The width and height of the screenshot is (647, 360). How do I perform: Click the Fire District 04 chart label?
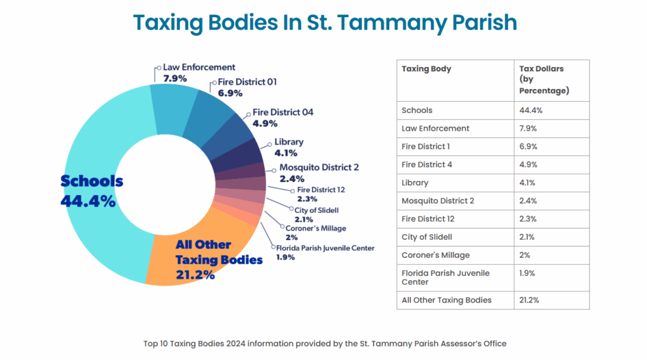pyautogui.click(x=282, y=112)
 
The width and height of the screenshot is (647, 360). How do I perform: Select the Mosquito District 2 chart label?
pyautogui.click(x=319, y=167)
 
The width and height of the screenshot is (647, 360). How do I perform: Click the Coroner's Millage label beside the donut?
pyautogui.click(x=315, y=228)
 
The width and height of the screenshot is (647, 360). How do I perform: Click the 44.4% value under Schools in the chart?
pyautogui.click(x=88, y=201)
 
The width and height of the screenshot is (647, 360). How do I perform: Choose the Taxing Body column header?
pyautogui.click(x=426, y=69)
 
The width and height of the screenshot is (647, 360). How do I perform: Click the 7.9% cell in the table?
pyautogui.click(x=527, y=128)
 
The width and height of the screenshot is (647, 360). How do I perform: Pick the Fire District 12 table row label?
pyautogui.click(x=428, y=219)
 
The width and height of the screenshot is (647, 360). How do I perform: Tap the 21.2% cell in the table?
pyautogui.click(x=529, y=300)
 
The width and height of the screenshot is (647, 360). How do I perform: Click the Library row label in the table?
pyautogui.click(x=415, y=183)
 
